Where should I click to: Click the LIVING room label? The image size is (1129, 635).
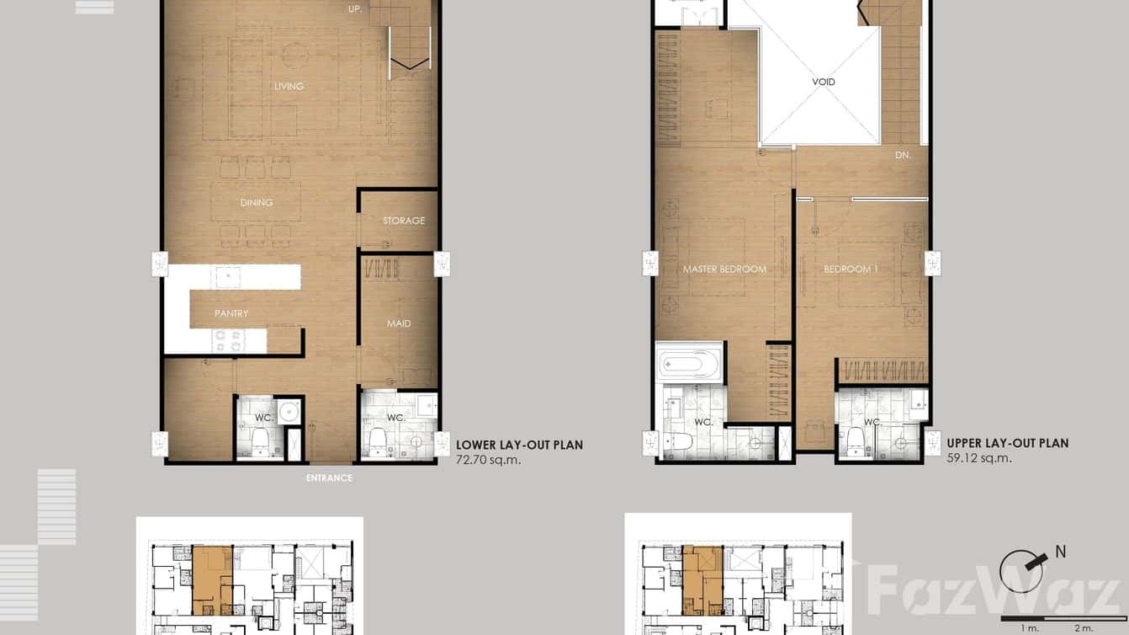pyautogui.click(x=289, y=86)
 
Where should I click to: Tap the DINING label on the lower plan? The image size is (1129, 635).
pyautogui.click(x=257, y=202)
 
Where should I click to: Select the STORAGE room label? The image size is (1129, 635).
pyautogui.click(x=404, y=221)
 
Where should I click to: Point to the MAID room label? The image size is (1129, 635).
pyautogui.click(x=399, y=323)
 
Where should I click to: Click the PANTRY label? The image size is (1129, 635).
pyautogui.click(x=231, y=313)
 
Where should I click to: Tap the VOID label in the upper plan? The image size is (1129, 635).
pyautogui.click(x=824, y=82)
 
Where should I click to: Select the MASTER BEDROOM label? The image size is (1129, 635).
pyautogui.click(x=724, y=269)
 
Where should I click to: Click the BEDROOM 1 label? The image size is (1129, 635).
pyautogui.click(x=851, y=269)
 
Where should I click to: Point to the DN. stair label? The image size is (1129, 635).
pyautogui.click(x=903, y=155)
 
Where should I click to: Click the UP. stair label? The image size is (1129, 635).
pyautogui.click(x=355, y=9)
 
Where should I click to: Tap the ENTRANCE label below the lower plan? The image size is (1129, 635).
pyautogui.click(x=329, y=478)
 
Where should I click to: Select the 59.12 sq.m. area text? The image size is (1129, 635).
pyautogui.click(x=979, y=458)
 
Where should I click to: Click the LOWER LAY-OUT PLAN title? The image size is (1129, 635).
pyautogui.click(x=519, y=446)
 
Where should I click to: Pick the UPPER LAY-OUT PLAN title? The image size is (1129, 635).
pyautogui.click(x=1007, y=443)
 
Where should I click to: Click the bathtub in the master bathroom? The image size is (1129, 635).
pyautogui.click(x=689, y=365)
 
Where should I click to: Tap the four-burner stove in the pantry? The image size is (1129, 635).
pyautogui.click(x=229, y=340)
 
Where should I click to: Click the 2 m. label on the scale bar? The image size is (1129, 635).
pyautogui.click(x=1083, y=628)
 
